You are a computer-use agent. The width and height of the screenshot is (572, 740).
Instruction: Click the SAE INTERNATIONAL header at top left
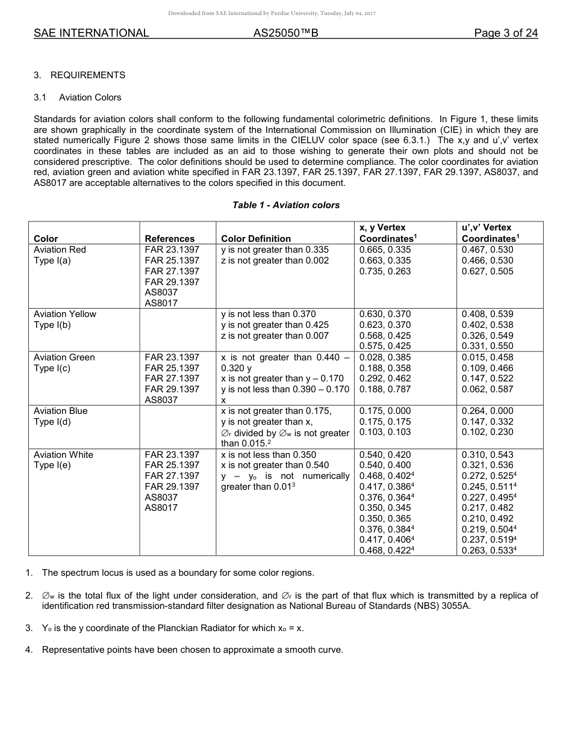tap(91, 33)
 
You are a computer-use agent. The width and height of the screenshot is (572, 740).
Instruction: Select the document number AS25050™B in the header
tap(285, 33)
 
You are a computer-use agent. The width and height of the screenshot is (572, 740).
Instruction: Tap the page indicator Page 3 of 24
tap(506, 33)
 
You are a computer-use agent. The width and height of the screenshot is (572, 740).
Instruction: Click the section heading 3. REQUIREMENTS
tap(79, 75)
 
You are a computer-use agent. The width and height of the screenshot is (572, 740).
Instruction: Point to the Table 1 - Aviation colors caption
tap(286, 205)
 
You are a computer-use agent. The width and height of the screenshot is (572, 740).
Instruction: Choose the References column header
tap(170, 238)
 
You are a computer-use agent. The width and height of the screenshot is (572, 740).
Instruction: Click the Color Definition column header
tap(256, 238)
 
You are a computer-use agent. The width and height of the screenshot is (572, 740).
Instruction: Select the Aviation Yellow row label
tap(65, 314)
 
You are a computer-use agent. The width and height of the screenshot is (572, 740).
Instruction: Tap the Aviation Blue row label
tap(61, 411)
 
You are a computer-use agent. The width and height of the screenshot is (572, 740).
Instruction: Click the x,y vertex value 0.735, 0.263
tap(385, 271)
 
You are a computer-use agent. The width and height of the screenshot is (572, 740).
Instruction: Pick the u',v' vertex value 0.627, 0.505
tap(487, 271)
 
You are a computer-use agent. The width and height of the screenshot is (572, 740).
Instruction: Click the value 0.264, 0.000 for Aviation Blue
tap(487, 411)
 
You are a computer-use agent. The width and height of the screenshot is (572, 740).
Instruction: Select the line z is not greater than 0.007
tap(275, 336)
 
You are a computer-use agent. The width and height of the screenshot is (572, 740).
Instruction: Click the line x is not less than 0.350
tap(269, 455)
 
